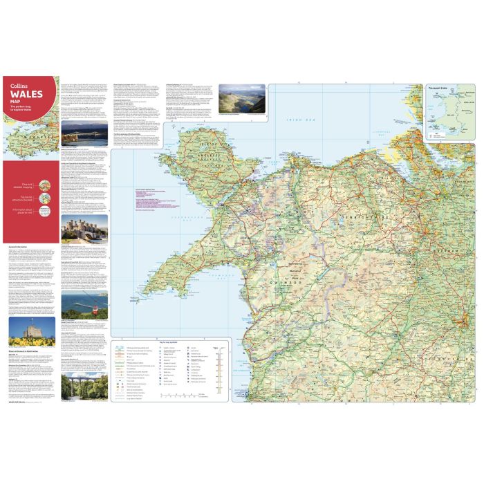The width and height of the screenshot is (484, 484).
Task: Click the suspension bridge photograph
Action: pos(84,135)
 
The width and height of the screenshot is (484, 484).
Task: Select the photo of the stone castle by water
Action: pos(84,227)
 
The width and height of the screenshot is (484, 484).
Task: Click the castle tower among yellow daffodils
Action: pos(32,332)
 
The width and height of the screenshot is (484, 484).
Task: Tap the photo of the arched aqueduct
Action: pos(84,388)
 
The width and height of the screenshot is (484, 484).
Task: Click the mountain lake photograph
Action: pos(241,99)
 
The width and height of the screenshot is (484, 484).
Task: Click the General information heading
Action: pos(21,245)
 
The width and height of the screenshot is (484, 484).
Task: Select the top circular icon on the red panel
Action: pos(44,185)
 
